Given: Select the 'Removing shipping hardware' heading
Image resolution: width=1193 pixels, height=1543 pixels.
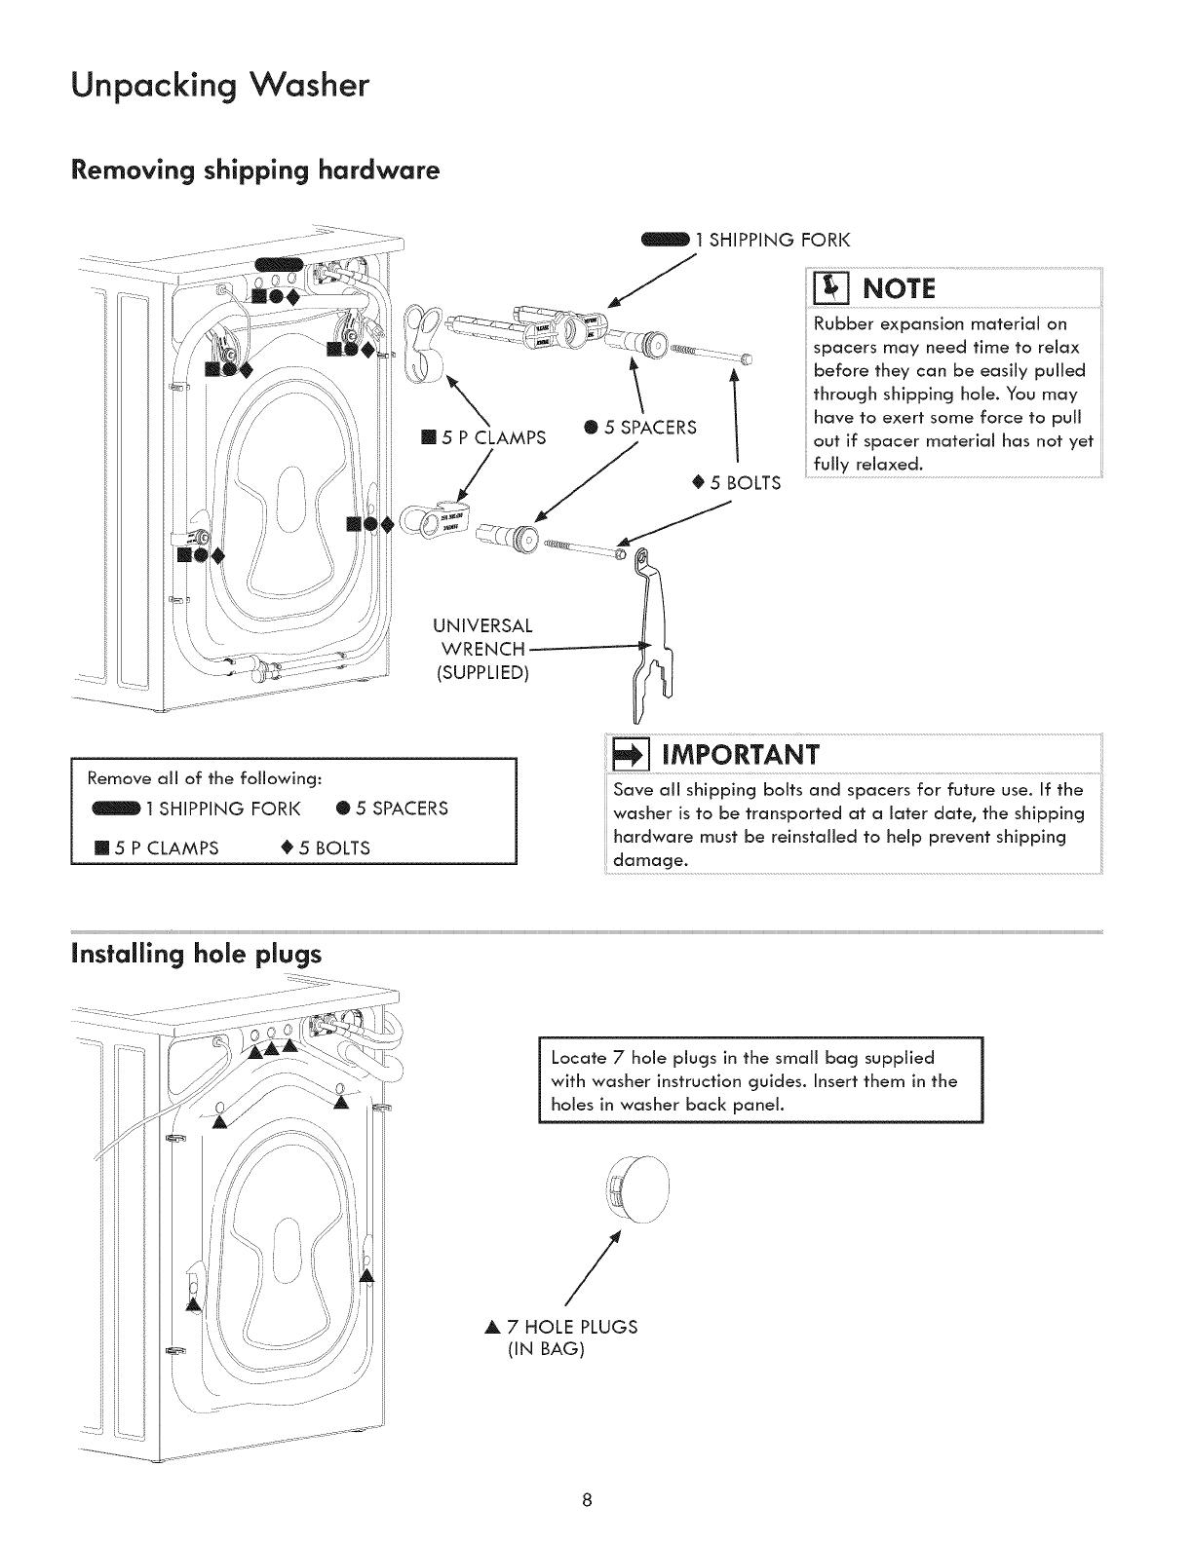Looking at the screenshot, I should (254, 171).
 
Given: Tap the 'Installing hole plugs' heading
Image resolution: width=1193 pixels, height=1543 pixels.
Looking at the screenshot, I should (196, 954).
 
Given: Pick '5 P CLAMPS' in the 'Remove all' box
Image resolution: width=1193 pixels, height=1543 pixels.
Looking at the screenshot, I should (164, 847).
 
